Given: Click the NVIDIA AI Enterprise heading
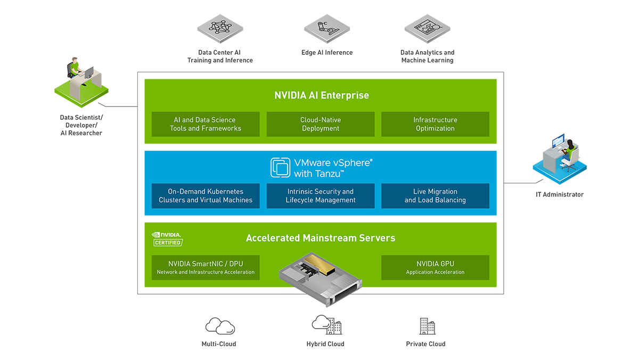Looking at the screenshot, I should tap(321, 96).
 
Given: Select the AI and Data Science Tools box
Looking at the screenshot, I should tap(206, 124).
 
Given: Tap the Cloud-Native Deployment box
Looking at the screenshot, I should tap(321, 124).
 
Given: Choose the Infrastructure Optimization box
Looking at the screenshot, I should tap(435, 124).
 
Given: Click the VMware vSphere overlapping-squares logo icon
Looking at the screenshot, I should tap(280, 167).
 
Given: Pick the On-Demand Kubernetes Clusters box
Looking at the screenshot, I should tap(206, 196).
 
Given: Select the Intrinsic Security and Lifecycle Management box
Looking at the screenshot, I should tap(321, 196).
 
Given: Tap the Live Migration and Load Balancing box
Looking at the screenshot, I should tap(435, 196).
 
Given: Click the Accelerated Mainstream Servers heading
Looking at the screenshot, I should tap(321, 238).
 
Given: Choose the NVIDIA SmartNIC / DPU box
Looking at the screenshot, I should tap(206, 267).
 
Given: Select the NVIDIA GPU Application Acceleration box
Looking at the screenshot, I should tap(435, 267).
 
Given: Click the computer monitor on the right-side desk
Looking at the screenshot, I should tap(558, 142).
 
